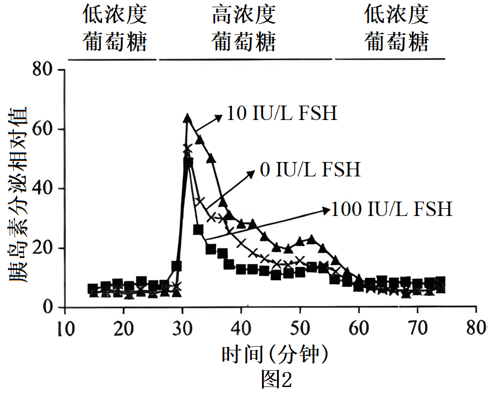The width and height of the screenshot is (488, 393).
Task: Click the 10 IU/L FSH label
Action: (x=282, y=113)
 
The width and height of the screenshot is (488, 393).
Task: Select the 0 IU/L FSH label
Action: (x=310, y=170)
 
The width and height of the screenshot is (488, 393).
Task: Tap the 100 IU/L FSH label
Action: (x=392, y=209)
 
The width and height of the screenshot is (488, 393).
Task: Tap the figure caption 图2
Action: (x=276, y=379)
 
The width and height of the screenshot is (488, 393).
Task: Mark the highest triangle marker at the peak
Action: (x=187, y=118)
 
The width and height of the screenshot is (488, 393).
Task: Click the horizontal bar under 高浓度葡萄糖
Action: (x=245, y=59)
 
